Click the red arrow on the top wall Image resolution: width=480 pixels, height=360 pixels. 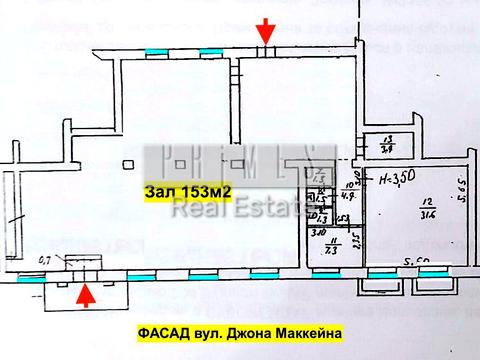pos(264,29)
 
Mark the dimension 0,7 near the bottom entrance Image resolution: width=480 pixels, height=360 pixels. pos(42,259)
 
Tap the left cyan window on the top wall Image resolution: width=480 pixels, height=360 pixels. pos(157,51)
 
